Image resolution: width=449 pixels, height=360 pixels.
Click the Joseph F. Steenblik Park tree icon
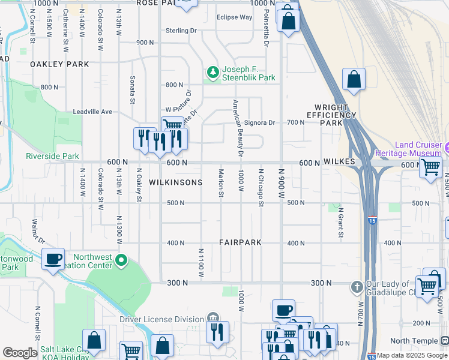click(212, 73)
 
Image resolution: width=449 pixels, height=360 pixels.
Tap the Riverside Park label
click(52, 156)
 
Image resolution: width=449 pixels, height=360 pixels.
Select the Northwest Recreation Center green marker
click(121, 260)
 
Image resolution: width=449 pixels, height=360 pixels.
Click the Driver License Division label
click(161, 319)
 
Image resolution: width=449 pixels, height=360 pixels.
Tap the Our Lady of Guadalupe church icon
click(357, 286)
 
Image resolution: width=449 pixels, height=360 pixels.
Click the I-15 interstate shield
click(372, 220)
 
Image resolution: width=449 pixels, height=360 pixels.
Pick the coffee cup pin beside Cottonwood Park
click(53, 259)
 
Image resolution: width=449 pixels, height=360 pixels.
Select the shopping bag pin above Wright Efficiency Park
click(354, 79)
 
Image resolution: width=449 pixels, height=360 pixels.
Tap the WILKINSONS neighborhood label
click(175, 182)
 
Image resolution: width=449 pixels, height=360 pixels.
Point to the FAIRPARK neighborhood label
click(240, 243)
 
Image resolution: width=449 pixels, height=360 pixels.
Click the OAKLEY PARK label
click(60, 64)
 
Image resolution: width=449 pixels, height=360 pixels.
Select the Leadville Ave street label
click(92, 112)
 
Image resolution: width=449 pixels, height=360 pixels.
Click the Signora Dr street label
click(259, 123)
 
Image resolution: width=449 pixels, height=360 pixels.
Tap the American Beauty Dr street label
click(238, 128)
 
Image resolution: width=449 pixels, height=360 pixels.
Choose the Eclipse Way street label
click(235, 17)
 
